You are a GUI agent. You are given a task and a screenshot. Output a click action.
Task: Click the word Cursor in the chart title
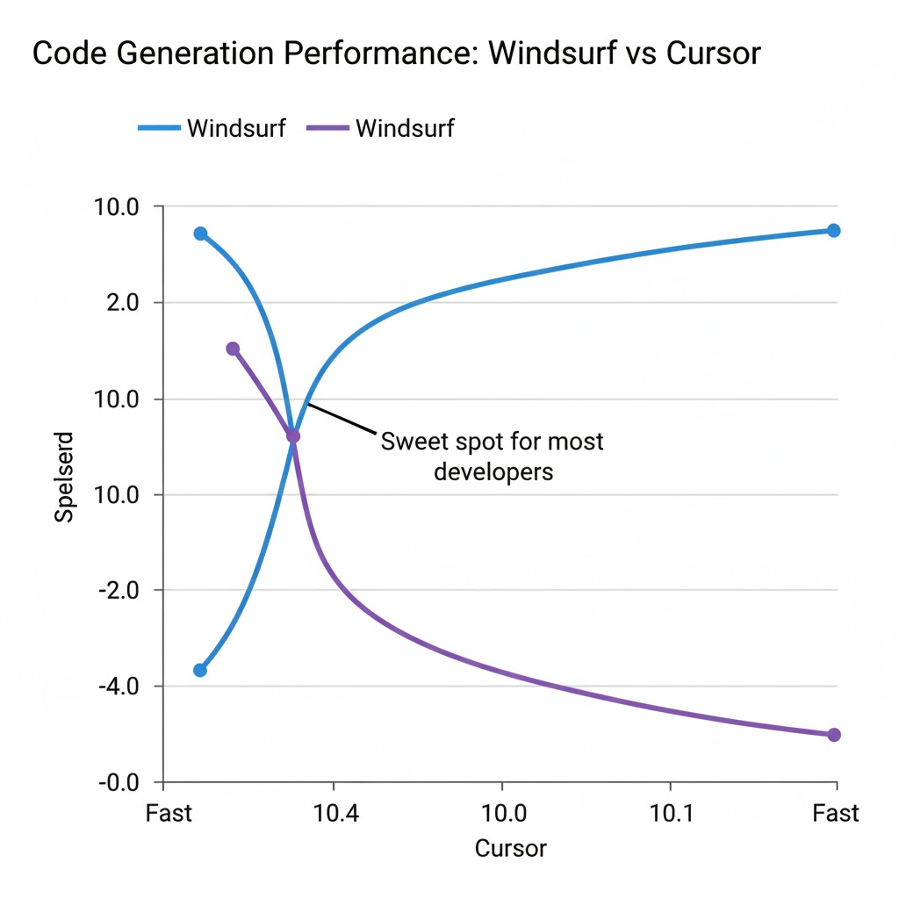714,54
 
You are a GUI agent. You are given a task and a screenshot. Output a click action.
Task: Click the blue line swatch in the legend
159,128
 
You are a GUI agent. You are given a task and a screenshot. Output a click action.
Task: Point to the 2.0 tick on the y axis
123,303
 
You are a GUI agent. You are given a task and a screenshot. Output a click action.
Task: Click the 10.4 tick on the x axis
335,813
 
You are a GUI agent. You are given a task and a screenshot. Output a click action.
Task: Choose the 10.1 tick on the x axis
671,813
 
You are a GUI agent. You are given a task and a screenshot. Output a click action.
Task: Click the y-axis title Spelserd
64,477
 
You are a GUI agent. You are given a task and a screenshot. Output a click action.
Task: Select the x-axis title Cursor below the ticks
510,849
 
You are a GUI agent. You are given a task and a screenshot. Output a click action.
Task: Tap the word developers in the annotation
493,471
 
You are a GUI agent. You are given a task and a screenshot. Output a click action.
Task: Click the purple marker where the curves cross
293,435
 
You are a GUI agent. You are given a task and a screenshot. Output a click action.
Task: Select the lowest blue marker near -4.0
200,670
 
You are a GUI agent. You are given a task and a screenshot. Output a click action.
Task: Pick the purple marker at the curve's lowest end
834,735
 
